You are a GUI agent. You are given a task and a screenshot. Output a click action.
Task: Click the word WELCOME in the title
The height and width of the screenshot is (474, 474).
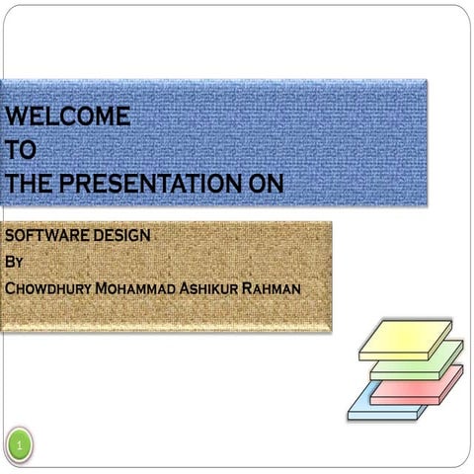pyautogui.click(x=67, y=117)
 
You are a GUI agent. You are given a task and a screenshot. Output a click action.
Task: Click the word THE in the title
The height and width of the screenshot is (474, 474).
pyautogui.click(x=30, y=184)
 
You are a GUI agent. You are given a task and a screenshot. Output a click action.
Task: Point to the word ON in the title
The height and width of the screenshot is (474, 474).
pyautogui.click(x=264, y=184)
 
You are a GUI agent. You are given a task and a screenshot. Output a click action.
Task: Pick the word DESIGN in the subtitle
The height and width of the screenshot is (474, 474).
pyautogui.click(x=123, y=237)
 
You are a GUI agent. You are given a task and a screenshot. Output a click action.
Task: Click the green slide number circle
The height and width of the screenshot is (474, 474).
pyautogui.click(x=20, y=449)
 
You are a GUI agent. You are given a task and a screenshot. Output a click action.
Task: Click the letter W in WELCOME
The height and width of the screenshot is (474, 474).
pyautogui.click(x=16, y=117)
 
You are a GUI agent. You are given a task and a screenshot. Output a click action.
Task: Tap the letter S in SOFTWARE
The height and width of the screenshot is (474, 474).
pyautogui.click(x=10, y=237)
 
